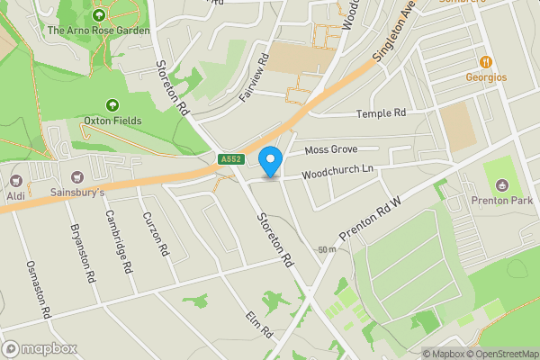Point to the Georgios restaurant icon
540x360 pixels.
[485, 62]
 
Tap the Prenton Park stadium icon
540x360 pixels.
[501, 185]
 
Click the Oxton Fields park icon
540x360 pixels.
[112, 105]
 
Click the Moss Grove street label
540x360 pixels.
[331, 148]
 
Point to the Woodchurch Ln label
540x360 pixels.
[337, 170]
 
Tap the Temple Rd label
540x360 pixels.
[382, 113]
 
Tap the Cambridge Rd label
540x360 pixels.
[120, 241]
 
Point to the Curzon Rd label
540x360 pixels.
[156, 234]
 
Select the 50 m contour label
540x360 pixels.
[327, 249]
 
